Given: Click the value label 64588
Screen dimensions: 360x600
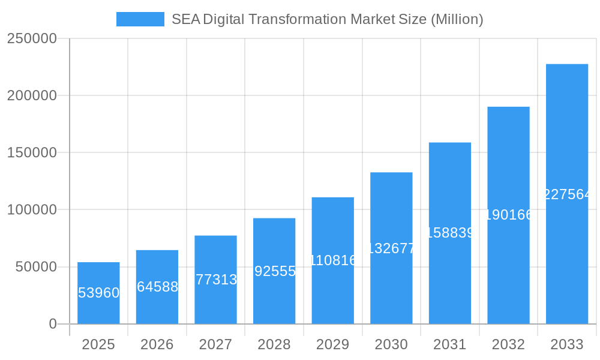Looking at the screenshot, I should point(157,287).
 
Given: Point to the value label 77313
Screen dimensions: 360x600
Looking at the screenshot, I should point(216,280).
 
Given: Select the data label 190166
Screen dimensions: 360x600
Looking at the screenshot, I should point(508,215).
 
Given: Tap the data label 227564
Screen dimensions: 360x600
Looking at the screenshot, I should point(567,194).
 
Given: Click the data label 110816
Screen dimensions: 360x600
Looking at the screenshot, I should point(333,260).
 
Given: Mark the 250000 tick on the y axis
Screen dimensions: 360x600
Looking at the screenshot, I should point(32,39).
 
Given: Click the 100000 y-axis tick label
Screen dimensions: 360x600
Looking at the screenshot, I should point(32,210).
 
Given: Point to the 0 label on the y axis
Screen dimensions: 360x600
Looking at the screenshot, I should point(52,324).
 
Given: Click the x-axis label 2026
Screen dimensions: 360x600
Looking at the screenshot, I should point(157,344).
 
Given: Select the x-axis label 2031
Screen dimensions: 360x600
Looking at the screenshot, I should point(450,344).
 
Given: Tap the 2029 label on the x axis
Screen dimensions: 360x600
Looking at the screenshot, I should point(333,344).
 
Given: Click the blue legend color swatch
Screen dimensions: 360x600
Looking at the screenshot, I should point(140,19).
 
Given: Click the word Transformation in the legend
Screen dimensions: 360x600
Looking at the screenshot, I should point(296,19).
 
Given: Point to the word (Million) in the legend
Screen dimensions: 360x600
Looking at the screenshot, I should point(457,19).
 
